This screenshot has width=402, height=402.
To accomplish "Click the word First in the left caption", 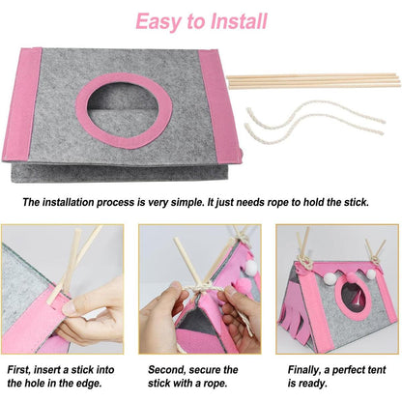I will pyautogui.click(x=22, y=369).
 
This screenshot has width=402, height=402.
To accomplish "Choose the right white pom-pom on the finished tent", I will pyautogui.click(x=369, y=273).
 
